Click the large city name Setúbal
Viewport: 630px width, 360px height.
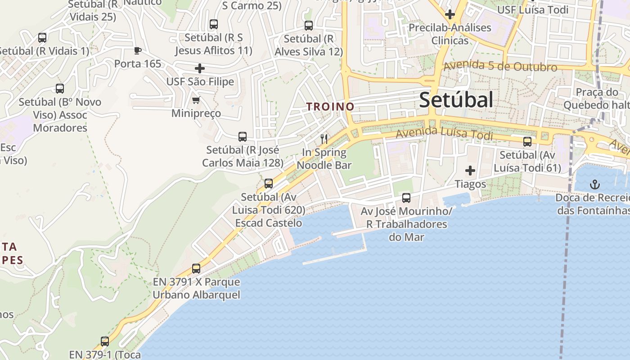click(x=456, y=100)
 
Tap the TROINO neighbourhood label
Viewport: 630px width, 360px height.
click(x=330, y=107)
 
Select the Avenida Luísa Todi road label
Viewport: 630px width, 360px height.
click(x=444, y=134)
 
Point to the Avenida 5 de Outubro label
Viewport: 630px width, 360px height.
click(x=500, y=66)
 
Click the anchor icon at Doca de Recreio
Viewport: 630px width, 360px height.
click(x=595, y=184)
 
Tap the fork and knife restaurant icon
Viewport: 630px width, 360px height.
click(x=324, y=139)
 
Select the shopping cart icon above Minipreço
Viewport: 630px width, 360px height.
click(x=196, y=100)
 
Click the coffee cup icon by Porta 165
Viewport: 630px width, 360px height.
click(x=138, y=50)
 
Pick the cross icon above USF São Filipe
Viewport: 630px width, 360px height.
click(x=200, y=68)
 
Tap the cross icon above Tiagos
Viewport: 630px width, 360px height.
click(x=470, y=171)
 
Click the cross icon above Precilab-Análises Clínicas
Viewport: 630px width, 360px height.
click(x=450, y=14)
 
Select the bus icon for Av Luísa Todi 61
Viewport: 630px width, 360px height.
click(x=527, y=142)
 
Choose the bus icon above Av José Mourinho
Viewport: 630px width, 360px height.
click(x=406, y=198)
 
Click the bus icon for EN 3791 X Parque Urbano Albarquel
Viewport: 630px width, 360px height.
click(x=196, y=269)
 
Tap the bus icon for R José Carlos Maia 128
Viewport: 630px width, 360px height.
click(x=243, y=137)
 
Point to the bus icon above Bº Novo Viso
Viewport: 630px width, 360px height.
click(x=60, y=89)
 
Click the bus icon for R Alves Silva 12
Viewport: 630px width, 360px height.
click(x=309, y=26)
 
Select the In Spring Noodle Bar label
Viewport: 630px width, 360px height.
click(x=324, y=159)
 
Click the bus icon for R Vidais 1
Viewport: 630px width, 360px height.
click(x=42, y=38)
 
